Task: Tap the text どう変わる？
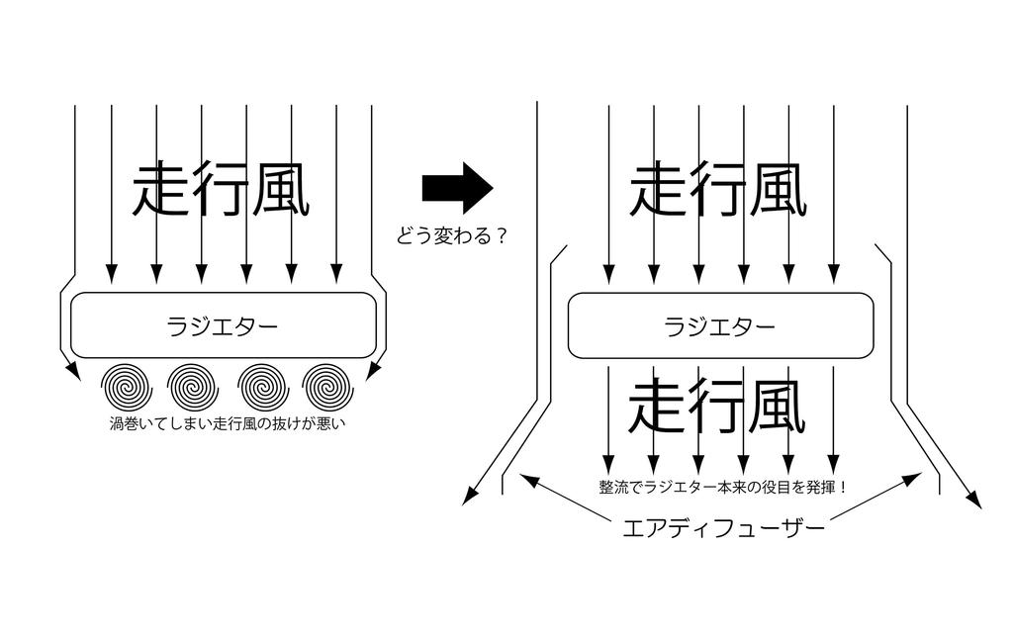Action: (x=451, y=237)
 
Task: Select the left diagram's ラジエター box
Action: (x=224, y=325)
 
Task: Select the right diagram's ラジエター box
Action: (x=720, y=325)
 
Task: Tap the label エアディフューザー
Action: (x=722, y=528)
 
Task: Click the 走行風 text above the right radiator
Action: (x=718, y=189)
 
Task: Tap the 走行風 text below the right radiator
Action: (x=718, y=406)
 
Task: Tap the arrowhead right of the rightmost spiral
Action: (x=373, y=372)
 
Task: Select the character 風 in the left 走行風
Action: (x=281, y=189)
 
